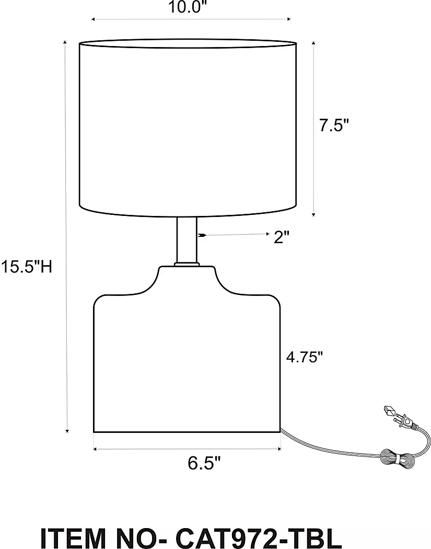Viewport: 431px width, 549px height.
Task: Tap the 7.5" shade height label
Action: (334, 125)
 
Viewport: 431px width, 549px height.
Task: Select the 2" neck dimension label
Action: (282, 237)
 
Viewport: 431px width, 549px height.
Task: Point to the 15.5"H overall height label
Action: (26, 267)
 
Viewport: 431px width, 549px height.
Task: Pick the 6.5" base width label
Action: (204, 463)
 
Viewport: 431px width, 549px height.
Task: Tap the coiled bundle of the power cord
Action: (399, 458)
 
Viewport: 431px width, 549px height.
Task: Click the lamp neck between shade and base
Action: (187, 240)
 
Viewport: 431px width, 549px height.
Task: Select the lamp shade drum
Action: (188, 128)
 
